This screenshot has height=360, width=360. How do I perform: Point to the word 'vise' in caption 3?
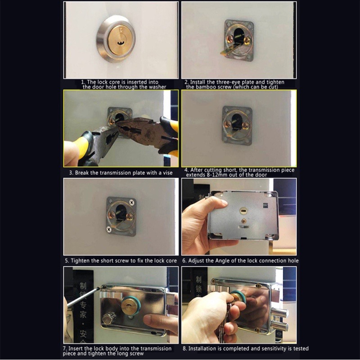166,173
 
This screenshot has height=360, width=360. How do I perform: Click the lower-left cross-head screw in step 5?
108,229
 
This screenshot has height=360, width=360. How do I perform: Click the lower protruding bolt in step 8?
279,327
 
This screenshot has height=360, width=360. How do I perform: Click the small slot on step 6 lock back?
244,210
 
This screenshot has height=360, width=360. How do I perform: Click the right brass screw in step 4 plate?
246,126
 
